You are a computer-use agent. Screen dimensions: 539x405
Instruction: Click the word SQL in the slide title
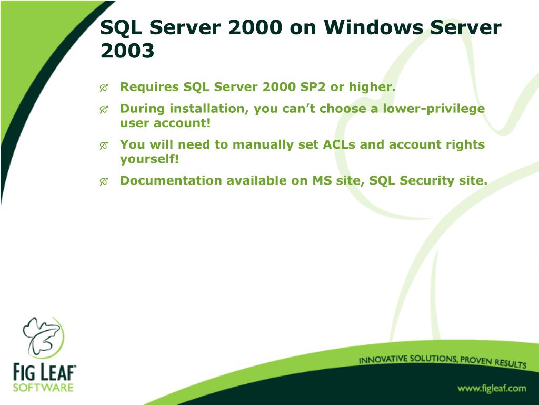pos(121,27)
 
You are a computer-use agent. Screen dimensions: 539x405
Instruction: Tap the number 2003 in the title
pos(127,51)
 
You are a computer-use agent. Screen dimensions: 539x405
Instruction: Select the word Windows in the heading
pos(373,27)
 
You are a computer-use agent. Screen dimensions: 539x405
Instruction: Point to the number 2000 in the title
pos(255,27)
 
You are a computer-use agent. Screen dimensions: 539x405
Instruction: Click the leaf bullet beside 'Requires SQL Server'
pos(104,88)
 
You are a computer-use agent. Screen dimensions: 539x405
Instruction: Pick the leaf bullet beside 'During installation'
pos(104,110)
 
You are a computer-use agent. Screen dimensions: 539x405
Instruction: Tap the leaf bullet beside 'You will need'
pos(104,146)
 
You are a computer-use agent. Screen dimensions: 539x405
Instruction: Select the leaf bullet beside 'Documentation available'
pos(104,181)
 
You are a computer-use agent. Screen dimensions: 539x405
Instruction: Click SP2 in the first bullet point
pos(313,87)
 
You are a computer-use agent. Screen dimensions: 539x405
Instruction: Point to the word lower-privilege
pos(434,109)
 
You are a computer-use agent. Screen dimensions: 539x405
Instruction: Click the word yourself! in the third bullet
pos(149,159)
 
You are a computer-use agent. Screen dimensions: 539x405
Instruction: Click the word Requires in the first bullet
pos(149,87)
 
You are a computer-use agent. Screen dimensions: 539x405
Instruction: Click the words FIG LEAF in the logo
pos(44,372)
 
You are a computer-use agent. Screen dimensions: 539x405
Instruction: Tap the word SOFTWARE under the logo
pos(43,388)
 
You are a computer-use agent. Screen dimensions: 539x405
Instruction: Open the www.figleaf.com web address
pos(492,389)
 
